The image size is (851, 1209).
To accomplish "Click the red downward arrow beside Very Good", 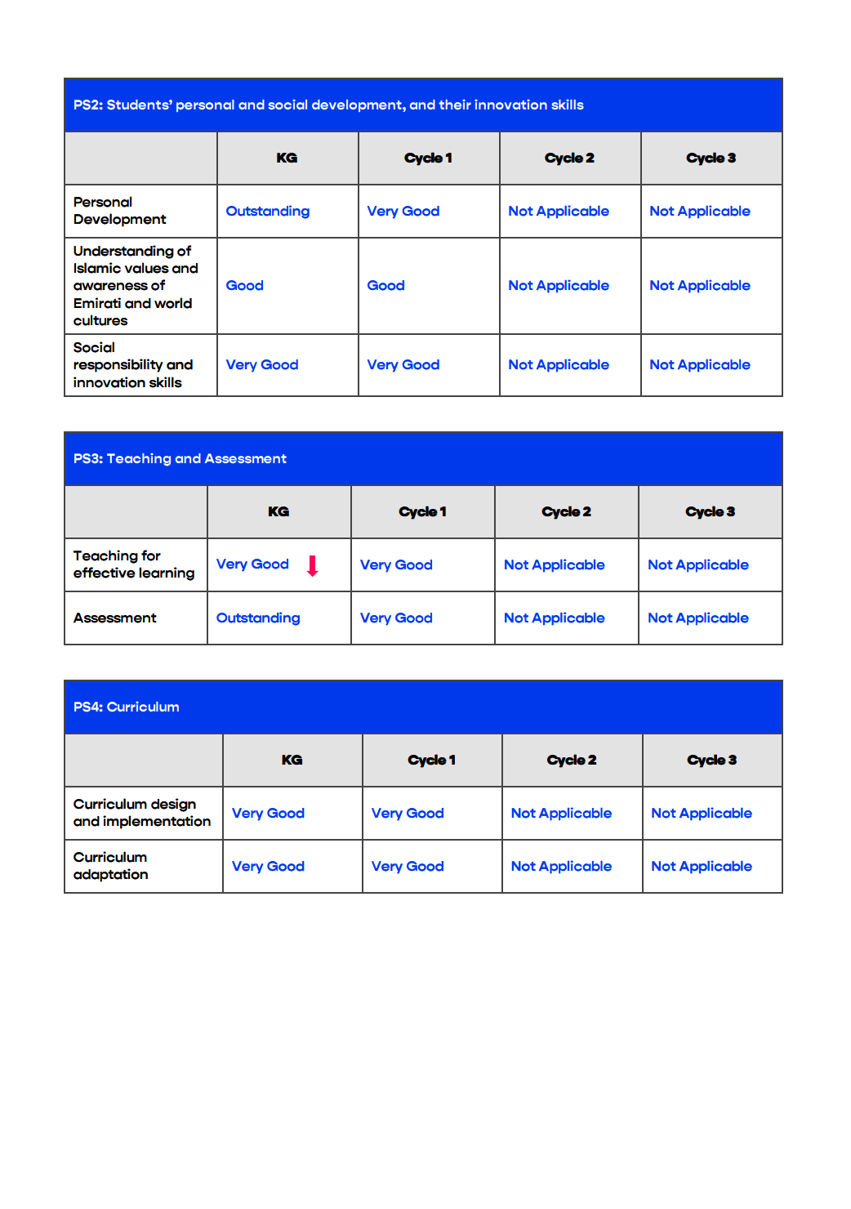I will [312, 565].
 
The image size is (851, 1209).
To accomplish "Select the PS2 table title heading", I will [328, 105].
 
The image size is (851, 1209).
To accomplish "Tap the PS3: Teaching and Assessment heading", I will [180, 458].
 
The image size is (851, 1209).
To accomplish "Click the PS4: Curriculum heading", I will [127, 707].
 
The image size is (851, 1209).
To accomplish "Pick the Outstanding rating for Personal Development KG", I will [267, 211].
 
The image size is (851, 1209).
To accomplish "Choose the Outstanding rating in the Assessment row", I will [258, 618].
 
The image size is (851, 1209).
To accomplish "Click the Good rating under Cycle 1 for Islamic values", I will [385, 285].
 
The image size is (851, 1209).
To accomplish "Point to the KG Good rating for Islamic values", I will [244, 285].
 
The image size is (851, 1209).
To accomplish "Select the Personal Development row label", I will [119, 211].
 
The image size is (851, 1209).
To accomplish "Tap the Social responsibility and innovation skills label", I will [132, 364].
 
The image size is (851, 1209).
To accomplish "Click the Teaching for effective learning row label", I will [133, 564].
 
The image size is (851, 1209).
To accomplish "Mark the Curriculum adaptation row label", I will [110, 866].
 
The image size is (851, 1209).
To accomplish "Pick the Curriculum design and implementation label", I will [141, 813].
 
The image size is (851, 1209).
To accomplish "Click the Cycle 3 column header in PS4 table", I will [711, 760].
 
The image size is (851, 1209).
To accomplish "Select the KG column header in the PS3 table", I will [278, 511].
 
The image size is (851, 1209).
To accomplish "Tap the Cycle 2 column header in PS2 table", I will [569, 158].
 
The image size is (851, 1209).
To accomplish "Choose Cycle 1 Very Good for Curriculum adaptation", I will [408, 866].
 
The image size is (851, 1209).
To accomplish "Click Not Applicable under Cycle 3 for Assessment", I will [698, 618].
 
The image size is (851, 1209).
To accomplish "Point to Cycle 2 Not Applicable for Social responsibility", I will [559, 364].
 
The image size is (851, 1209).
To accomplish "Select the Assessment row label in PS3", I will [114, 618].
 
